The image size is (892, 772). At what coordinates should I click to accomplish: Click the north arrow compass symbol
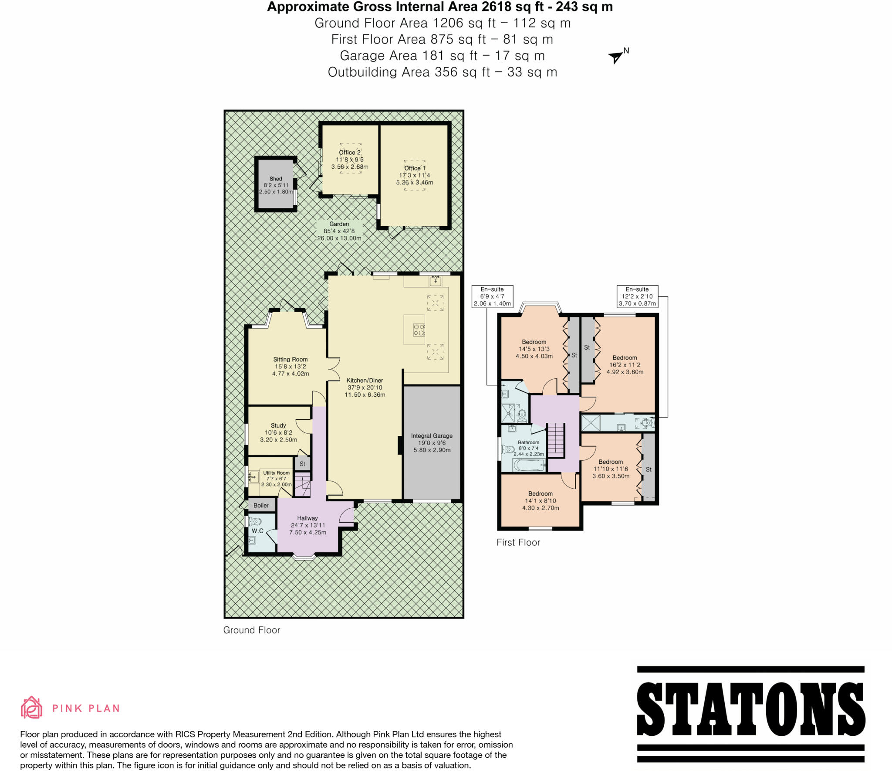(x=616, y=57)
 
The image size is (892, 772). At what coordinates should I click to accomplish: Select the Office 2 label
(x=350, y=153)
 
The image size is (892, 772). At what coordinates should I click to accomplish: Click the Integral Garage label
(x=432, y=436)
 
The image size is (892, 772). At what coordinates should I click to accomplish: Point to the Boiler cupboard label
(x=261, y=505)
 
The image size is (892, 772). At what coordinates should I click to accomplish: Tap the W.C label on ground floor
(x=257, y=531)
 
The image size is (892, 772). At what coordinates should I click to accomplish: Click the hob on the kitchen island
(x=419, y=330)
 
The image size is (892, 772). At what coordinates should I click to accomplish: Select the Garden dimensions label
(x=339, y=231)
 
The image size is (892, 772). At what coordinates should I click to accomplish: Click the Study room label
(x=278, y=425)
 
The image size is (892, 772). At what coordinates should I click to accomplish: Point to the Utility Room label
(x=276, y=473)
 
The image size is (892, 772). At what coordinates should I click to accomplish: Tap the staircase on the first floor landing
(x=555, y=439)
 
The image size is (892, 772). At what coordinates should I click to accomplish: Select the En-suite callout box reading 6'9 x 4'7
(x=492, y=296)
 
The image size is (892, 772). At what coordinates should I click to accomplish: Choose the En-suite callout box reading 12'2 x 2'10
(x=637, y=296)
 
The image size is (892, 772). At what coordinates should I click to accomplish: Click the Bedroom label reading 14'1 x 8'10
(x=541, y=494)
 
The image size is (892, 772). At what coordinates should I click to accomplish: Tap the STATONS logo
(x=750, y=714)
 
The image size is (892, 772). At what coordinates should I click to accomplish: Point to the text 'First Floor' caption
(x=518, y=542)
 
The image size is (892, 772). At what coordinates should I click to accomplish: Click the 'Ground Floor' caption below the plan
(x=251, y=630)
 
